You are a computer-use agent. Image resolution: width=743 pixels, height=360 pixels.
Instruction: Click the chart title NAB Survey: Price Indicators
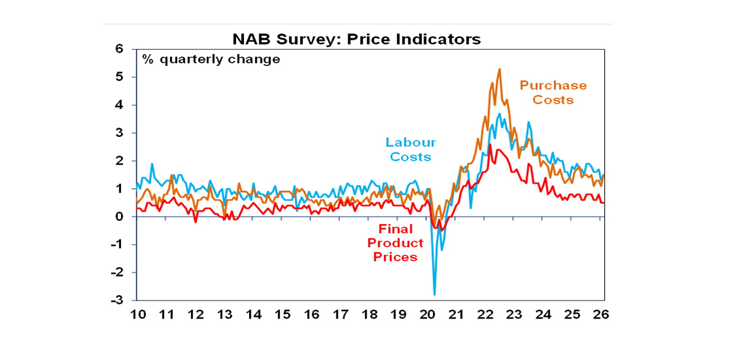(357, 39)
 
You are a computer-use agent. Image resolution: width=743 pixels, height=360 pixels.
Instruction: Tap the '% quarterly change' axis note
(211, 60)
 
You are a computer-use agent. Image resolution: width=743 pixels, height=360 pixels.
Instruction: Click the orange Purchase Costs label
(553, 92)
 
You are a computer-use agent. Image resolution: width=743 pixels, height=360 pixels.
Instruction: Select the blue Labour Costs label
(410, 150)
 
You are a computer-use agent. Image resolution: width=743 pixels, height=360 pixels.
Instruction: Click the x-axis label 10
(137, 315)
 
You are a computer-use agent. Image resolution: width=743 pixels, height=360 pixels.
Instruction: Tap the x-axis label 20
(427, 315)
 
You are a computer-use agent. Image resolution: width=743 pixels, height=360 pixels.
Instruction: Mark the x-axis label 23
(514, 315)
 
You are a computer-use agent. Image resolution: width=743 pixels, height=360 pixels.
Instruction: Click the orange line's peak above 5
(499, 69)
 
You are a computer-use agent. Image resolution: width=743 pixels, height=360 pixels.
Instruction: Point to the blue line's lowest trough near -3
(434, 294)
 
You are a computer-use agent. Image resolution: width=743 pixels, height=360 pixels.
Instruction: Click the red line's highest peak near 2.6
(490, 145)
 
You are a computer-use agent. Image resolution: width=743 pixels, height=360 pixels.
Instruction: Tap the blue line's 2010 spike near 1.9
(152, 164)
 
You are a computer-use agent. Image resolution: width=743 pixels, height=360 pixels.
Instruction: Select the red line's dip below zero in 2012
(195, 222)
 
